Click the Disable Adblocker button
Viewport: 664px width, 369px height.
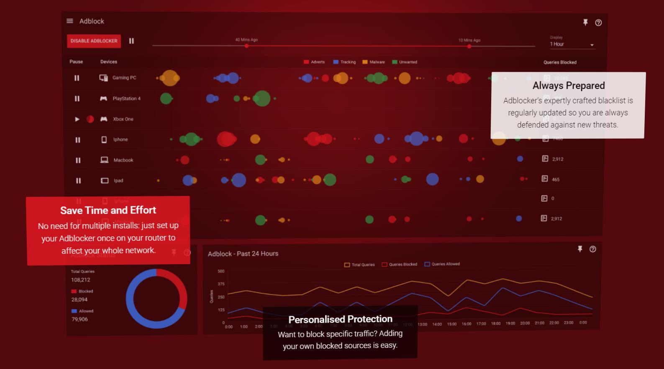pos(94,41)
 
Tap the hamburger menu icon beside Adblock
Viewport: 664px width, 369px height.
pos(70,21)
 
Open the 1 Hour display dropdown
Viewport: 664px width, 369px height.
pos(572,44)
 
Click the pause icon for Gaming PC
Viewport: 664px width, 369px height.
pos(77,78)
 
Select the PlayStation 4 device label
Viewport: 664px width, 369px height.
pos(126,99)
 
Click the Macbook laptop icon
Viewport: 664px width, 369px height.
pos(104,160)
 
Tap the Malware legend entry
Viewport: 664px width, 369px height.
pos(374,62)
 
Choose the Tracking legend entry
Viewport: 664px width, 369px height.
pos(344,62)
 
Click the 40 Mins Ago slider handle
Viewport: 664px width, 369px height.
pos(246,46)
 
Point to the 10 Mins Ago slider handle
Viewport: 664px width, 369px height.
pos(469,46)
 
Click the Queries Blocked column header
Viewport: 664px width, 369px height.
pos(560,62)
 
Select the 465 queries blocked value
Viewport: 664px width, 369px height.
pos(556,179)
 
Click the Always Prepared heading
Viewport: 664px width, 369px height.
pos(569,86)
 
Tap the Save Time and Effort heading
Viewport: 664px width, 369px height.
pos(108,210)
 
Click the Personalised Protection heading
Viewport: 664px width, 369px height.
pos(340,319)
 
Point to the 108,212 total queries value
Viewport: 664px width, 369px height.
pos(80,280)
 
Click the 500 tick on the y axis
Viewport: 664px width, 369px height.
pos(221,271)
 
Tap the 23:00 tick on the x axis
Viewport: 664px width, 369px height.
pos(568,323)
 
